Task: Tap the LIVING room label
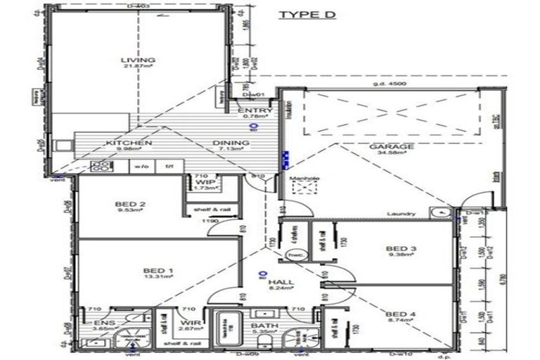point(138,60)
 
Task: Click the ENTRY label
point(251,111)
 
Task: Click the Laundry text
point(401,214)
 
